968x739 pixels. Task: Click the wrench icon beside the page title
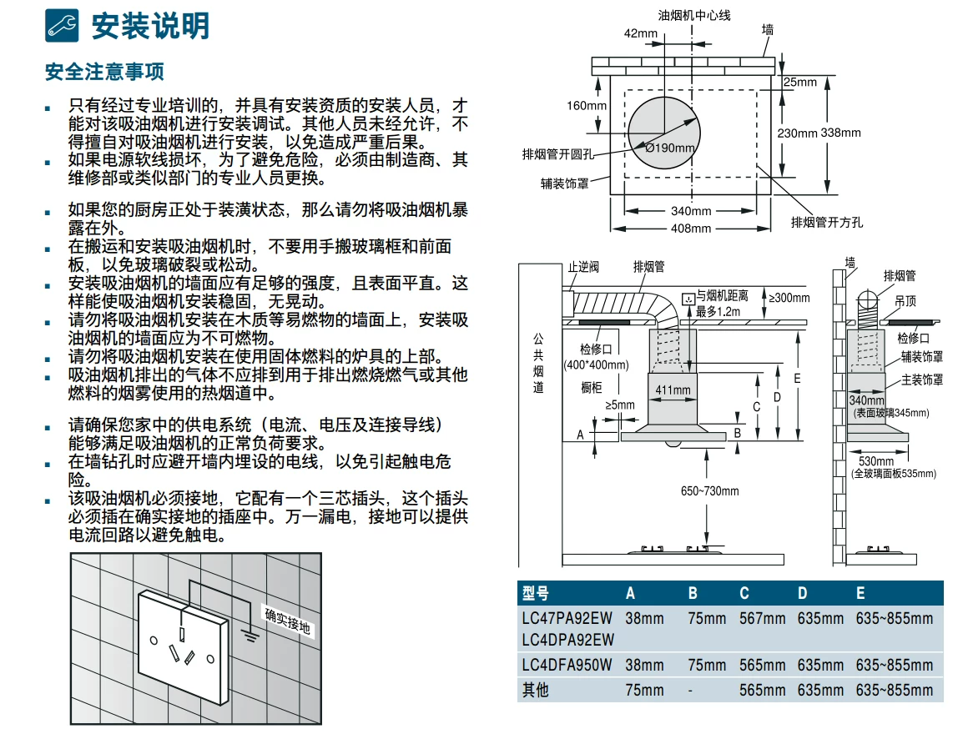click(62, 25)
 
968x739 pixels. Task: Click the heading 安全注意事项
click(104, 72)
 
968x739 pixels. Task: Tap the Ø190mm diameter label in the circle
click(670, 148)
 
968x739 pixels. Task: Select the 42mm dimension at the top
click(640, 33)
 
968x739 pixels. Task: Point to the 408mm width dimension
click(691, 229)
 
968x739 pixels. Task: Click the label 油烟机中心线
click(694, 15)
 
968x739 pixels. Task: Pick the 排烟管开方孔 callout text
click(827, 222)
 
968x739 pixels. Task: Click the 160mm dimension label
click(587, 105)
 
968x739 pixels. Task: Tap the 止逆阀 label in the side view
click(583, 266)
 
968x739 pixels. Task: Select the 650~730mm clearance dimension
click(709, 491)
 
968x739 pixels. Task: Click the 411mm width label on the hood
click(673, 390)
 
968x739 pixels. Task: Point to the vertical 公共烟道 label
click(538, 363)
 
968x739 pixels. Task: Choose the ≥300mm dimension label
click(789, 297)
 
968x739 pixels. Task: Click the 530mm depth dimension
click(876, 460)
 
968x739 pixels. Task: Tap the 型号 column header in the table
click(535, 593)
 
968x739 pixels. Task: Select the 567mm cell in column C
click(763, 618)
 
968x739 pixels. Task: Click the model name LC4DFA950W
click(567, 665)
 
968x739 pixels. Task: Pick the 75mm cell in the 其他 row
click(644, 690)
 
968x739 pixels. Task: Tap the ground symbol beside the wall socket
click(250, 634)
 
